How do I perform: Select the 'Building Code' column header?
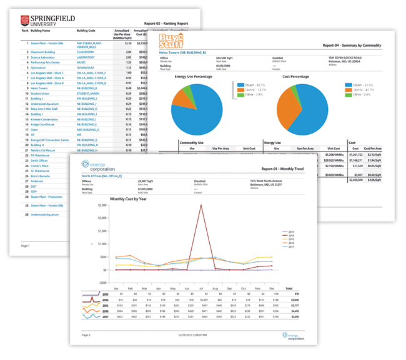click(86, 30)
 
